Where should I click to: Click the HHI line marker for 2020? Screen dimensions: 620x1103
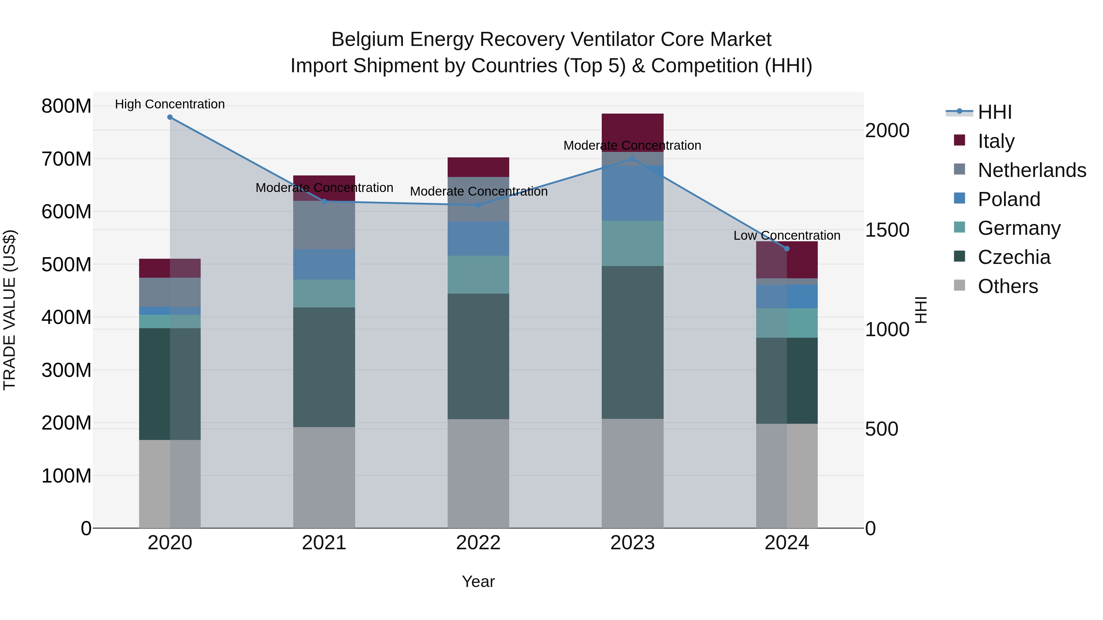tap(170, 117)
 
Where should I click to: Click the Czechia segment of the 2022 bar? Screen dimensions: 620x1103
tap(478, 356)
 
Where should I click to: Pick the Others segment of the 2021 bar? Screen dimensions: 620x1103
tap(324, 477)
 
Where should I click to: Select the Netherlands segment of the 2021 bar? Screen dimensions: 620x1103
tap(324, 225)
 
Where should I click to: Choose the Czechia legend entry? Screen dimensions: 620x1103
tap(1014, 257)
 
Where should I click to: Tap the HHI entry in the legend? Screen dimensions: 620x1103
tap(994, 112)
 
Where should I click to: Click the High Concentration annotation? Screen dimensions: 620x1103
tap(170, 104)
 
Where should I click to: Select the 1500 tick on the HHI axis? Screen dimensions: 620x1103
tap(887, 230)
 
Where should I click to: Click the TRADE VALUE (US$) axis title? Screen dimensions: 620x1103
tap(9, 310)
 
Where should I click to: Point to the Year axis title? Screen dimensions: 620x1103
tap(478, 581)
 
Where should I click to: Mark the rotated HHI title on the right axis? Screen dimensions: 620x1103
tap(921, 310)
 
